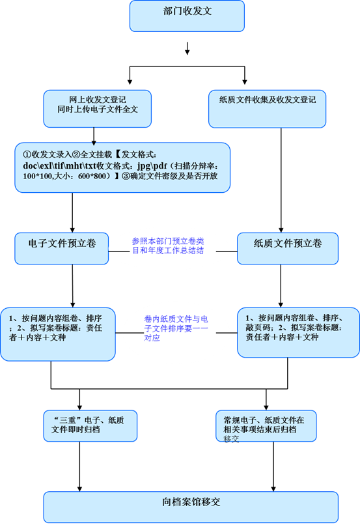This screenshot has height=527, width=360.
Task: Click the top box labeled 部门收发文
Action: pyautogui.click(x=187, y=16)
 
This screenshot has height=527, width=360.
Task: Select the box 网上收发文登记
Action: pyautogui.click(x=98, y=109)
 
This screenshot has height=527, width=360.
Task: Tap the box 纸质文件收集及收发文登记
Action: pyautogui.click(x=268, y=109)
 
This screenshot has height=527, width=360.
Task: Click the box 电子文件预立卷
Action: pyautogui.click(x=61, y=248)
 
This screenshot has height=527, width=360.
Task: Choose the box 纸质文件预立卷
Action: pyautogui.click(x=288, y=248)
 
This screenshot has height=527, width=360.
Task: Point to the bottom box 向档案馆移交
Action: pyautogui.click(x=191, y=507)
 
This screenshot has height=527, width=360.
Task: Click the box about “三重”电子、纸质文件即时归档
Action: pyautogui.click(x=90, y=426)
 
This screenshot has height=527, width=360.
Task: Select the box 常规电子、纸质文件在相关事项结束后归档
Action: pyautogui.click(x=266, y=426)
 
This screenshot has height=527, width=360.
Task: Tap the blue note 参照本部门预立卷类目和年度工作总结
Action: pyautogui.click(x=168, y=246)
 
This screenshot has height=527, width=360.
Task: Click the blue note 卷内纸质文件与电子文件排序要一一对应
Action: pyautogui.click(x=176, y=328)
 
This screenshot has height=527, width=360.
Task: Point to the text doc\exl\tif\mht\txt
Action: pyautogui.click(x=60, y=165)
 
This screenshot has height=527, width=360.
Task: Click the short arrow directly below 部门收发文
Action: pyautogui.click(x=187, y=48)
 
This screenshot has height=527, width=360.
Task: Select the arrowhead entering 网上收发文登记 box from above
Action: pyautogui.click(x=130, y=81)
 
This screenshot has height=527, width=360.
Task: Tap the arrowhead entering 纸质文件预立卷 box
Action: pyautogui.click(x=281, y=230)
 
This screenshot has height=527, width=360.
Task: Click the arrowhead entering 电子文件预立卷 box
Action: pyautogui.click(x=72, y=230)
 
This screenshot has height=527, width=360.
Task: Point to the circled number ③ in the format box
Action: pyautogui.click(x=126, y=176)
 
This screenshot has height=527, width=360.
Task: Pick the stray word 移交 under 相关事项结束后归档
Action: pyautogui.click(x=231, y=438)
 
